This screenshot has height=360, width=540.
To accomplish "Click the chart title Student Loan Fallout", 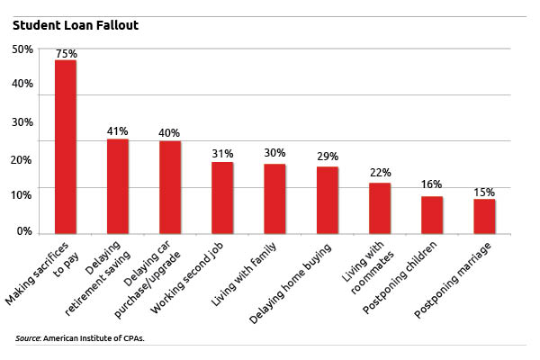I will click(75, 25).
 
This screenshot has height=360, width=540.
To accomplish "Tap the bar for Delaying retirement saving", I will click(118, 185).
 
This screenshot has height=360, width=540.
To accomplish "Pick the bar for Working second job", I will click(222, 197).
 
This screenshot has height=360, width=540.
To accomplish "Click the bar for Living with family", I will click(274, 198).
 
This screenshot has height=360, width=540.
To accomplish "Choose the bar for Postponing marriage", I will click(484, 215).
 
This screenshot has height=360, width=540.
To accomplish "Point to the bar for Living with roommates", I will click(380, 207).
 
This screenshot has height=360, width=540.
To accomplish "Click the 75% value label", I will click(67, 54).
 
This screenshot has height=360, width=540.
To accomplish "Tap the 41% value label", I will click(118, 131).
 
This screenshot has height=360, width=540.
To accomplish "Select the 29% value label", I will click(328, 157).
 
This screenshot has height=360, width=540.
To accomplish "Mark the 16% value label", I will click(433, 186).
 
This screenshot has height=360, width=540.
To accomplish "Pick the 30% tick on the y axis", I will click(23, 122).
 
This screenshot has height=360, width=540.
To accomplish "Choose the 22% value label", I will click(380, 173).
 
